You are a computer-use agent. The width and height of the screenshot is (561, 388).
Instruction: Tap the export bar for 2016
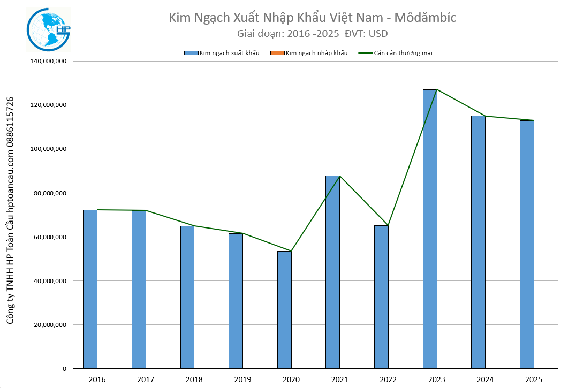point(90,289)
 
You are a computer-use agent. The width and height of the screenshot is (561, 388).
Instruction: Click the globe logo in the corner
point(49,30)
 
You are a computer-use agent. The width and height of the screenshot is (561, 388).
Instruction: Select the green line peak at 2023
point(437,89)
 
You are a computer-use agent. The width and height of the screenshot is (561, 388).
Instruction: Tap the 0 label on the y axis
point(63,369)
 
